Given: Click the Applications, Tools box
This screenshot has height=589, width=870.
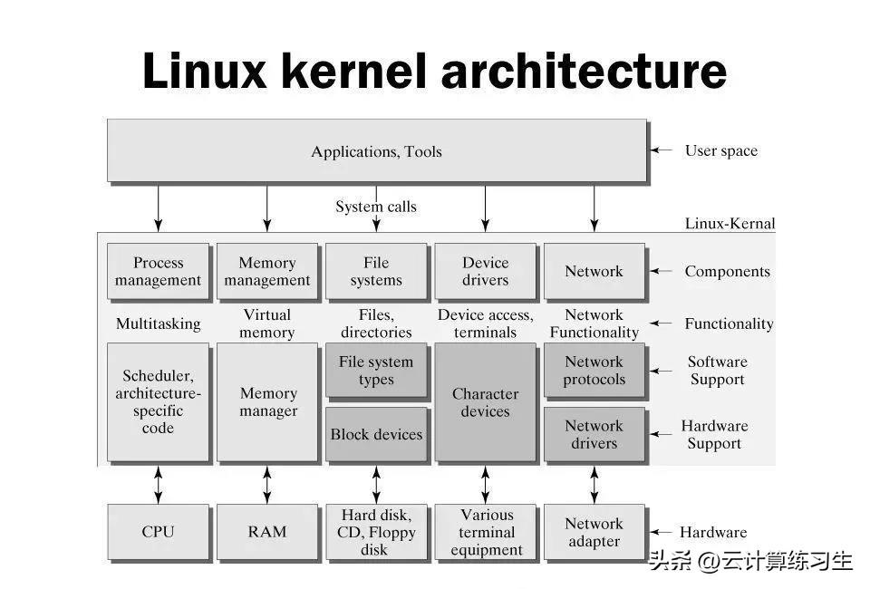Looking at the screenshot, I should [376, 151].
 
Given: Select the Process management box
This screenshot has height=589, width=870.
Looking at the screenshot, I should [158, 271].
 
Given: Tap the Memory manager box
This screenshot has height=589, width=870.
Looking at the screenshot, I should [267, 401].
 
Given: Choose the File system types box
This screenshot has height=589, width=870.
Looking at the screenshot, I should [376, 371].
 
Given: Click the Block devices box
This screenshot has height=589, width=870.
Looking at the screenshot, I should [376, 434].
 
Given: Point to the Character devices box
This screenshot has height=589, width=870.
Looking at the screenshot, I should [485, 401].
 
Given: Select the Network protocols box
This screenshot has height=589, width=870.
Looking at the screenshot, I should [594, 371].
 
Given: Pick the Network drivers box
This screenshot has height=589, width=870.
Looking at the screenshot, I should [594, 434].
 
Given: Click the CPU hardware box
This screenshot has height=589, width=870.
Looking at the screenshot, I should [158, 532].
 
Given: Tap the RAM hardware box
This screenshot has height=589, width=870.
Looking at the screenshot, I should [267, 532].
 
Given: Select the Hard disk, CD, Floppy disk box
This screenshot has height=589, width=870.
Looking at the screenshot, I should [376, 532].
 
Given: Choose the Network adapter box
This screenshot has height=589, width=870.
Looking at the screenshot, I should [594, 532].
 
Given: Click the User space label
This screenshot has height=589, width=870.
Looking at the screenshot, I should [720, 151].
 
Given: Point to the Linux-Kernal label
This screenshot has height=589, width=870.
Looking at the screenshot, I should [730, 224].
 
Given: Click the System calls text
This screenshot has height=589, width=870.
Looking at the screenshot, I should [376, 207].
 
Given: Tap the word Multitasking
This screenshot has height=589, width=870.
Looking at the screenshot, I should [158, 323].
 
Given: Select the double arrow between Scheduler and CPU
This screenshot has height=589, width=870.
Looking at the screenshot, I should [159, 484].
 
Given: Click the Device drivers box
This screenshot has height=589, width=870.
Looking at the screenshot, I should [485, 271].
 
